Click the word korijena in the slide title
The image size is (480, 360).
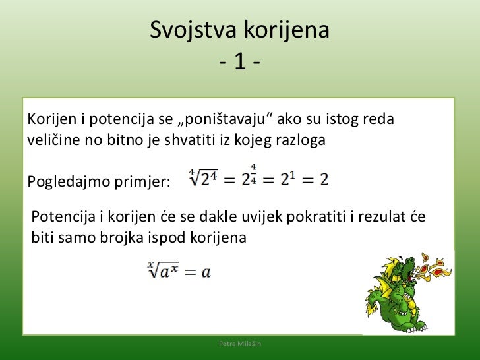tap(287, 30)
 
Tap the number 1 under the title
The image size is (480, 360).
tap(240, 65)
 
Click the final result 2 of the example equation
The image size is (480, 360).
tap(324, 179)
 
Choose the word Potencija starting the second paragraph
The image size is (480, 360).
tap(61, 216)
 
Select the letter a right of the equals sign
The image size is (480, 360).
tap(206, 272)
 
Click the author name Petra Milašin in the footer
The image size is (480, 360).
tap(240, 345)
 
